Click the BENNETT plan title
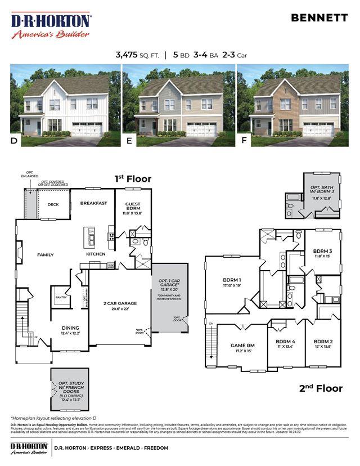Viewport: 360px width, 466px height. (319, 17)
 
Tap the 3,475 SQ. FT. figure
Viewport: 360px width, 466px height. (137, 55)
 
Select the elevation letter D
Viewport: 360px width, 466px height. (14, 141)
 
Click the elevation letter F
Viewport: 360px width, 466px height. (244, 141)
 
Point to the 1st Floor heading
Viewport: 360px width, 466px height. (133, 179)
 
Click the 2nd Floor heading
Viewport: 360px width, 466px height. (321, 388)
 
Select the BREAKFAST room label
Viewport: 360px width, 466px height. (93, 203)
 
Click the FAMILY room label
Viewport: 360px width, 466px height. (46, 255)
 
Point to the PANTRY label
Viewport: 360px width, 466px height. (61, 297)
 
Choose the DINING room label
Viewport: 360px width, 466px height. (70, 328)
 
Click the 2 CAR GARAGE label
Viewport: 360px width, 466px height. (120, 303)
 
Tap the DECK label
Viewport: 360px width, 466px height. (53, 204)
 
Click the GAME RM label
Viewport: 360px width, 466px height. (242, 345)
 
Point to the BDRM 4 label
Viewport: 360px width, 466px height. (286, 342)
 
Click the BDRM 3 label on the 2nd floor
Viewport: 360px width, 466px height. (322, 251)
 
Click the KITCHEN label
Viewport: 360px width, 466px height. (96, 254)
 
